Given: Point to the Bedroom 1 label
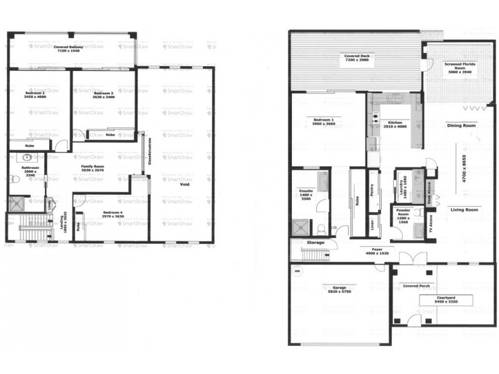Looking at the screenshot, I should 324,121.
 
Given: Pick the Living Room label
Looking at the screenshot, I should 465,210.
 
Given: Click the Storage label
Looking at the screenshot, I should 315,242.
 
